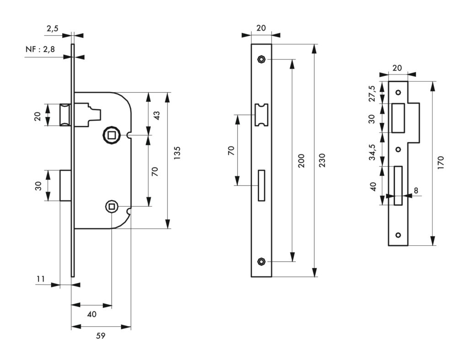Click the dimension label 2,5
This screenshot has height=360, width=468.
coord(53,29)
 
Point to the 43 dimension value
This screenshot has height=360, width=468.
coord(157,114)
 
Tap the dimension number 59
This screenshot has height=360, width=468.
coord(101,336)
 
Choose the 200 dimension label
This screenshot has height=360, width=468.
coord(301,160)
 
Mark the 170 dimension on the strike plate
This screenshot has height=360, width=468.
coord(441,163)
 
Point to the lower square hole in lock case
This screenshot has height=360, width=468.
coord(112,206)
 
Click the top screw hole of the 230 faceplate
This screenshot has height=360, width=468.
coord(261,59)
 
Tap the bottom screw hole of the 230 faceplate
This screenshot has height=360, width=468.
coord(261,261)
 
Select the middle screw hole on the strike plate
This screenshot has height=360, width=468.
coord(398,149)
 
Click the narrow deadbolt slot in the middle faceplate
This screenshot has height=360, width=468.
coord(262,185)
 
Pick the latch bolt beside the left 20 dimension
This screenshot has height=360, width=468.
coord(65,115)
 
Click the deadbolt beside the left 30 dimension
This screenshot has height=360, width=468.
coord(65,185)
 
